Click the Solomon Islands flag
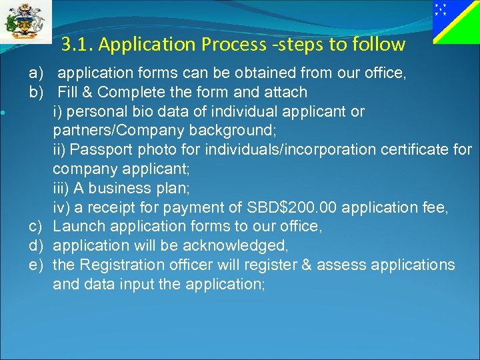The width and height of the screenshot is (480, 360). tap(456, 22)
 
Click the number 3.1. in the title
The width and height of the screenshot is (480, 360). tap(75, 45)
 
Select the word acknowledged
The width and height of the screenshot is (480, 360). tap(238, 246)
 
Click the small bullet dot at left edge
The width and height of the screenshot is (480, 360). tap(5, 112)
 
